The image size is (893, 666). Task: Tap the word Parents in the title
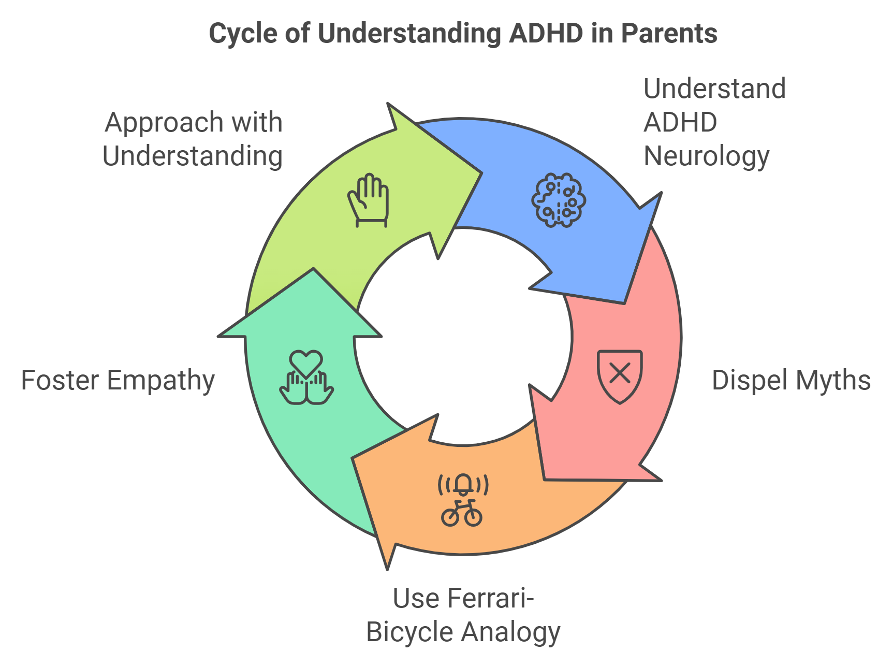coord(669,33)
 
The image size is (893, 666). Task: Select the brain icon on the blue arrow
coord(559,200)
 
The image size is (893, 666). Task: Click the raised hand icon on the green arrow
coord(369,200)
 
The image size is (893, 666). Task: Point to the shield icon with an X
coord(620,377)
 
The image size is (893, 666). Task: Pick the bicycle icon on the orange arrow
coord(462,513)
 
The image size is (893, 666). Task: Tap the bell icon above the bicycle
coord(463,485)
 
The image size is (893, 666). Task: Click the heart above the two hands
coord(306,363)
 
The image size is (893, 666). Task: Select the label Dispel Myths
coord(791,380)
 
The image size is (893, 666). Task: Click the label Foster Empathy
coord(118,381)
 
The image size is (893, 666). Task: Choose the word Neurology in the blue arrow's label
coord(707,156)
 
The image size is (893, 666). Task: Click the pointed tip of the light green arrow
coord(482,173)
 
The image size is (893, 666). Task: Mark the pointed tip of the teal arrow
coord(313,269)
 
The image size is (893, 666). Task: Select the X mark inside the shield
coord(620,373)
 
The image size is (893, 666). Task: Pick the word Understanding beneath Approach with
coord(193,156)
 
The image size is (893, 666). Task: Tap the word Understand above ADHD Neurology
coord(715,89)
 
